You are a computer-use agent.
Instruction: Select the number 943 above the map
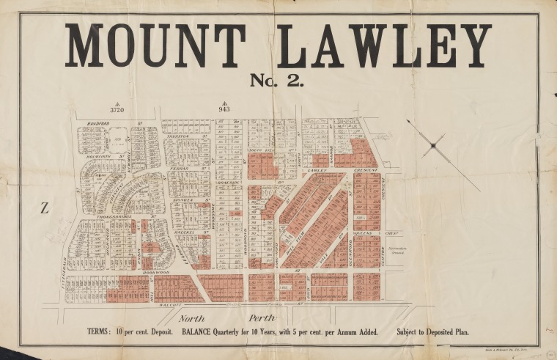[224, 110]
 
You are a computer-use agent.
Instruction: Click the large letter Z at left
[45, 208]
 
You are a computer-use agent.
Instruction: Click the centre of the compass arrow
[433, 146]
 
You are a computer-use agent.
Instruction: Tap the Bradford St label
[103, 123]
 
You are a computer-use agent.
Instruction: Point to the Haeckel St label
[188, 232]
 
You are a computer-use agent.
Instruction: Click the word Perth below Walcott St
[262, 317]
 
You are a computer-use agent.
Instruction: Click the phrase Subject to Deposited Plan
[432, 332]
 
